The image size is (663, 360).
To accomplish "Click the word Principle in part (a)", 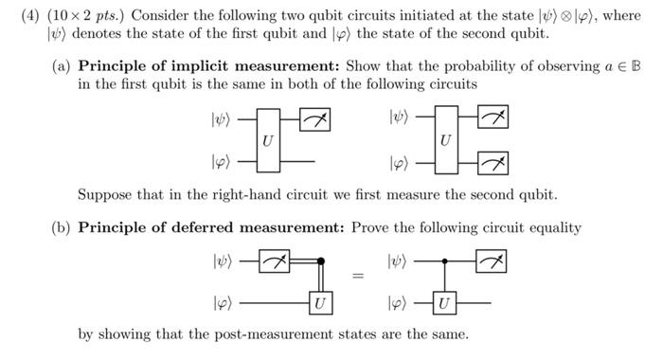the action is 114,66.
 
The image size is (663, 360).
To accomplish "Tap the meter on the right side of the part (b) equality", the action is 492,260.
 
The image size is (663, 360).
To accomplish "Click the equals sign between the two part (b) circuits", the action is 358,278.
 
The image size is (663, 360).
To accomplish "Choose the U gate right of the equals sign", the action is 445,304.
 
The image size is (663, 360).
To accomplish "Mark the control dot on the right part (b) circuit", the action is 445,260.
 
